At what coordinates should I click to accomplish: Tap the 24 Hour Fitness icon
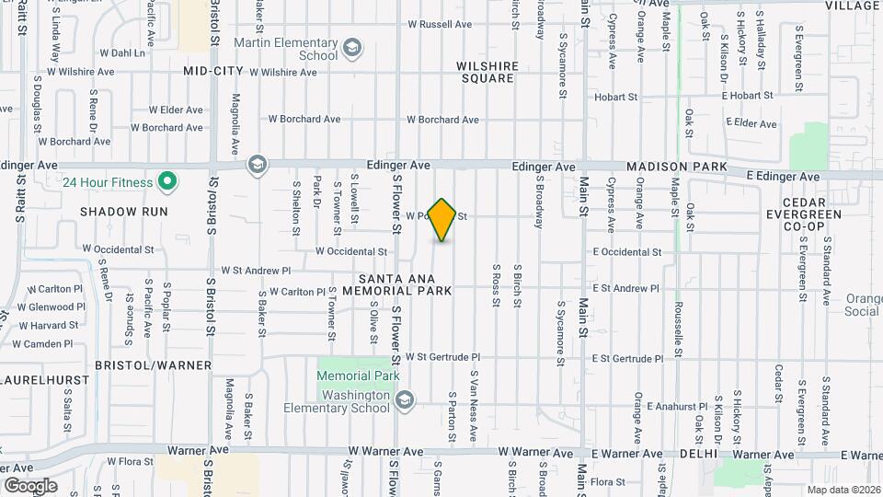click(x=166, y=182)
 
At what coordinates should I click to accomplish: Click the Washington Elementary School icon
click(x=406, y=399)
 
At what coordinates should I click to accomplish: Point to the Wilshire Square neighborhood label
click(x=487, y=72)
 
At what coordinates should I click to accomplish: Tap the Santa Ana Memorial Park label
click(x=405, y=283)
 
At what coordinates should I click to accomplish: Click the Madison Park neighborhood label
click(x=676, y=167)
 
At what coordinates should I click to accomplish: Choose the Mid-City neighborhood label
click(x=212, y=70)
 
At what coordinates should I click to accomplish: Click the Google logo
click(x=29, y=485)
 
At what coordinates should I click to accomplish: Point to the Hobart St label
click(x=615, y=97)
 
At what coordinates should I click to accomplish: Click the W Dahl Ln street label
click(x=121, y=53)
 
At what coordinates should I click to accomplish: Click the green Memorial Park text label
click(x=358, y=376)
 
